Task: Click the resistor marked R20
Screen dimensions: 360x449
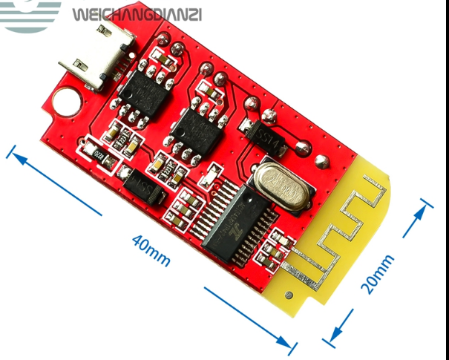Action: point(97,151)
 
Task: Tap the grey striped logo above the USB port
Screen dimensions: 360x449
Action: point(33,15)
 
